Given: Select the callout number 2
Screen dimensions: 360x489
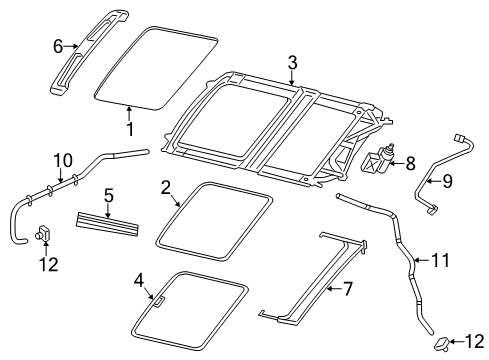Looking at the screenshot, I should (x=166, y=186).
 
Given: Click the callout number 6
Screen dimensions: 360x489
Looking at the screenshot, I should (x=58, y=45).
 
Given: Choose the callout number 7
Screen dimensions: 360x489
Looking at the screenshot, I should (x=348, y=289).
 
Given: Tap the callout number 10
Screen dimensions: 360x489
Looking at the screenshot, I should (x=62, y=159).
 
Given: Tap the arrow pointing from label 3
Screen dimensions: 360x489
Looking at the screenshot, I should (x=291, y=77).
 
